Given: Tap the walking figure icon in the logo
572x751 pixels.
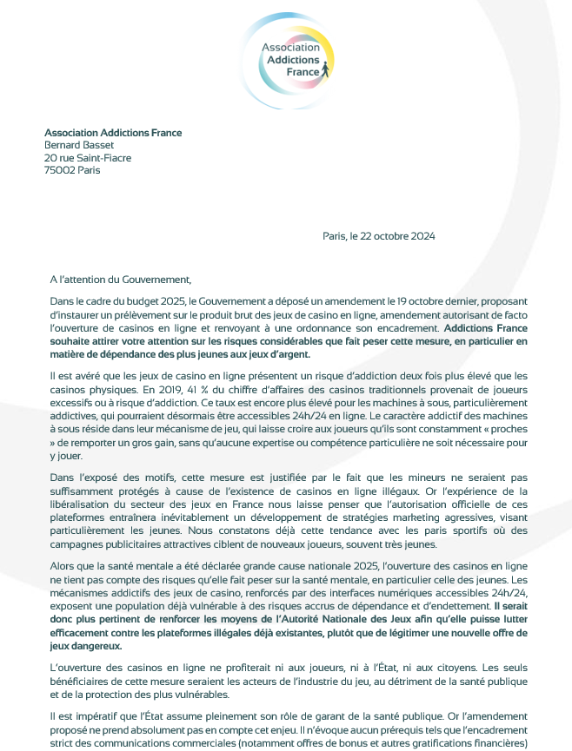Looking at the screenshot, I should (x=325, y=69).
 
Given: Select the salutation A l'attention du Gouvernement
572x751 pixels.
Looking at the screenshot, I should (x=119, y=279).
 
